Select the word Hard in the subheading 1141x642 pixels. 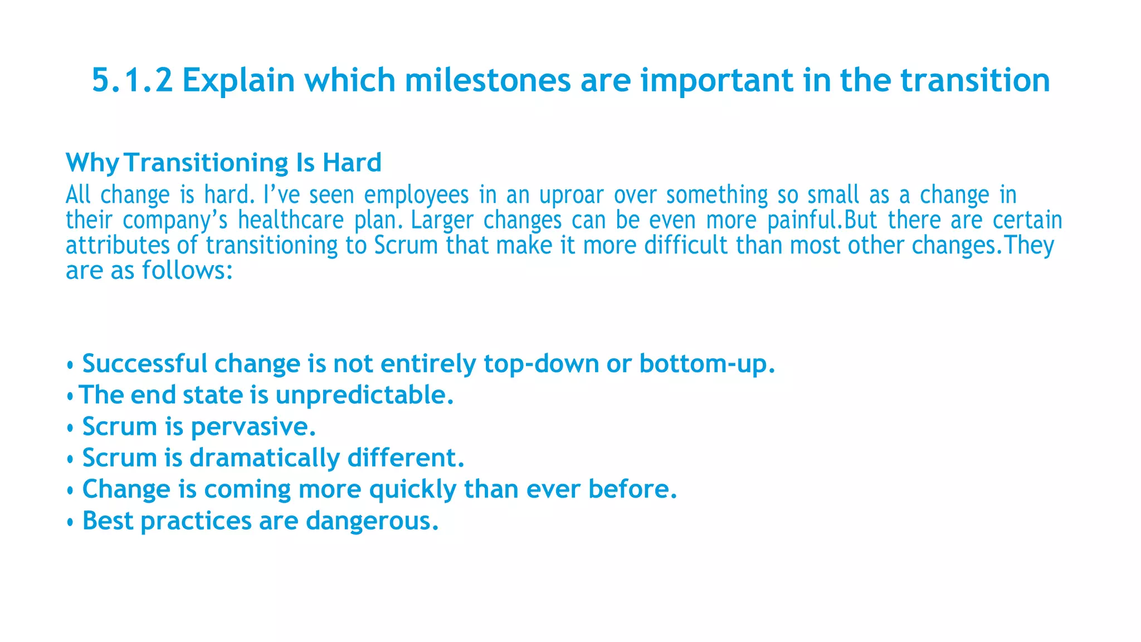tap(352, 163)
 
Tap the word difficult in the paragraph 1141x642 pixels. tap(686, 246)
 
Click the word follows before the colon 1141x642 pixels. tap(184, 271)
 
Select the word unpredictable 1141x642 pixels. tap(364, 396)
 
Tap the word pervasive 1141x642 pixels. tap(253, 427)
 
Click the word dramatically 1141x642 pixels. tap(265, 458)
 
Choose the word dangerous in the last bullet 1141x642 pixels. tap(372, 521)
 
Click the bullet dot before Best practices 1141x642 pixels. tap(70, 523)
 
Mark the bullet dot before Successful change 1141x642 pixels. tap(70, 366)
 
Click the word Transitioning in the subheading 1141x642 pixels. tap(206, 163)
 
